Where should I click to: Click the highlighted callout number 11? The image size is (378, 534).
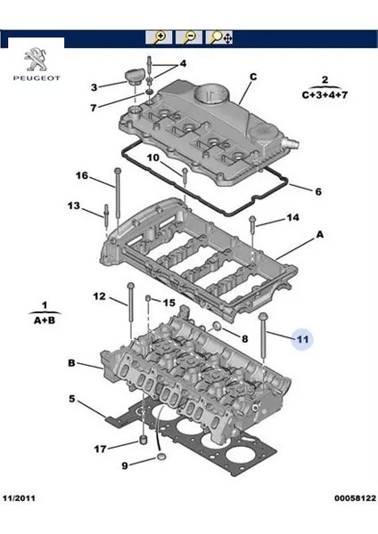(302, 339)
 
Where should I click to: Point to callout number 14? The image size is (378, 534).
(292, 217)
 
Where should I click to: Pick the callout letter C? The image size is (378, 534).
(252, 77)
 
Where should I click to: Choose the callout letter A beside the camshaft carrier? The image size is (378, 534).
(319, 237)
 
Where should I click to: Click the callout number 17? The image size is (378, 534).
(101, 449)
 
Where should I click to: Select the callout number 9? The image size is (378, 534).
(125, 465)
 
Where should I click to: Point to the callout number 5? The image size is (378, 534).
(72, 400)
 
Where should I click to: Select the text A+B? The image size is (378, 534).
(45, 319)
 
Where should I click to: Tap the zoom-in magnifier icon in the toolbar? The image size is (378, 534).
(159, 37)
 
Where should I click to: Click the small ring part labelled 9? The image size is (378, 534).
(161, 457)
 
